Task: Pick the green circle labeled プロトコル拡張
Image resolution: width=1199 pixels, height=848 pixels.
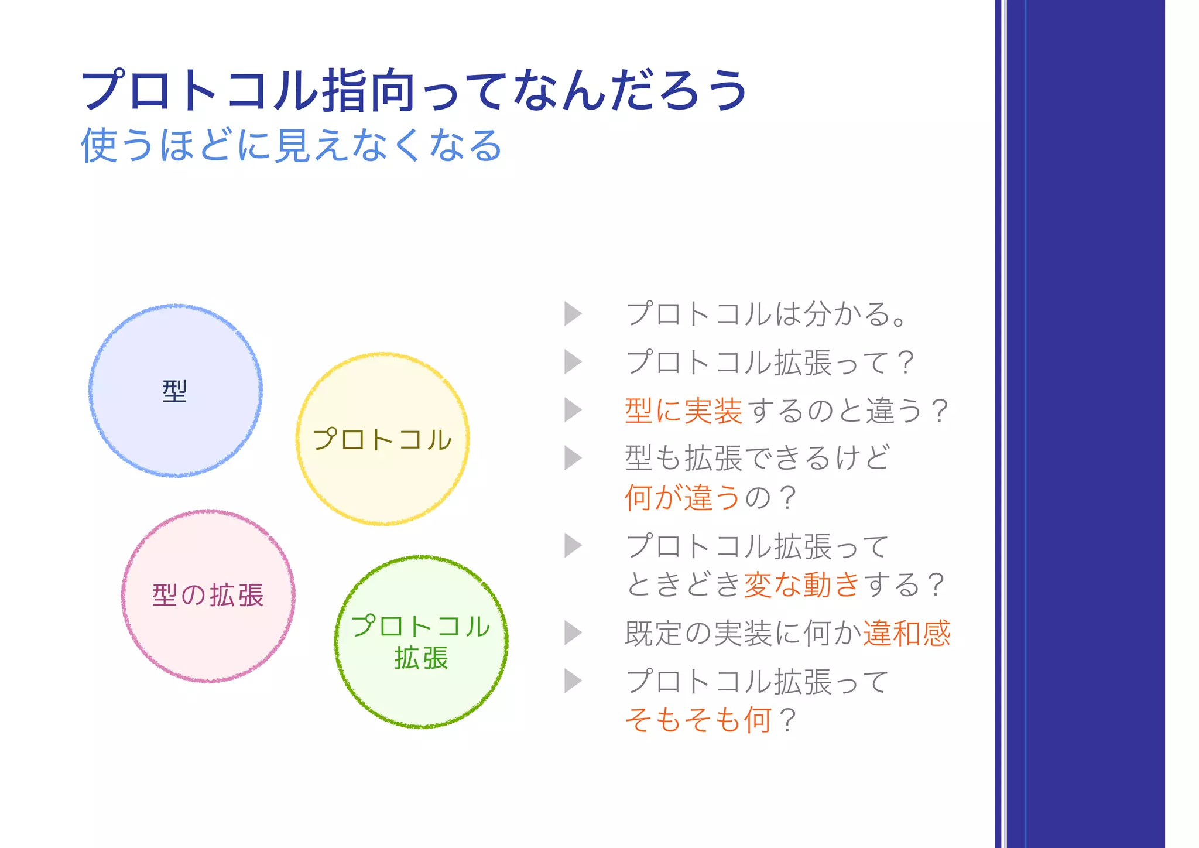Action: [x=421, y=691]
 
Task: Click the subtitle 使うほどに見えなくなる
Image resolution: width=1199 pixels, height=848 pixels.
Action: [x=291, y=145]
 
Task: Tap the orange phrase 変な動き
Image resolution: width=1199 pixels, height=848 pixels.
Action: [x=801, y=584]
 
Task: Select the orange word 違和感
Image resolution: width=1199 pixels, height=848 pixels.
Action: [x=906, y=633]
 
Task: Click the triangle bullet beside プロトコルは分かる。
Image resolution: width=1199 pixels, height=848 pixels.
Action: [x=573, y=314]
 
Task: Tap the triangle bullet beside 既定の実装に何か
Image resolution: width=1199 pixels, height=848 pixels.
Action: [x=573, y=633]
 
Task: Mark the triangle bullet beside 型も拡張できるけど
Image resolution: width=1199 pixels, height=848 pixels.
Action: [x=573, y=458]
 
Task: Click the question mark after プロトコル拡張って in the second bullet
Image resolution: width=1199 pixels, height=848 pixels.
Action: [x=905, y=363]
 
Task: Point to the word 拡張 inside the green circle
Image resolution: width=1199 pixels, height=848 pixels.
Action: [x=421, y=658]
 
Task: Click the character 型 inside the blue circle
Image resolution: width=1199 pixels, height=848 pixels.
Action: [x=174, y=391]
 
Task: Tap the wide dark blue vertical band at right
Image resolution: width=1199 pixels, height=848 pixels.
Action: [x=1095, y=424]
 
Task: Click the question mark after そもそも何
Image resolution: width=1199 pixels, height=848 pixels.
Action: [x=788, y=720]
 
